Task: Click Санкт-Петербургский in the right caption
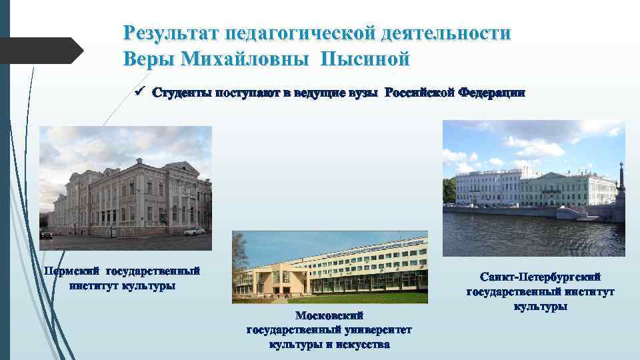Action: point(541,276)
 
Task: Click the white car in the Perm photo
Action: point(194,231)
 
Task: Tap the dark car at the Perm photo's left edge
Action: point(45,235)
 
